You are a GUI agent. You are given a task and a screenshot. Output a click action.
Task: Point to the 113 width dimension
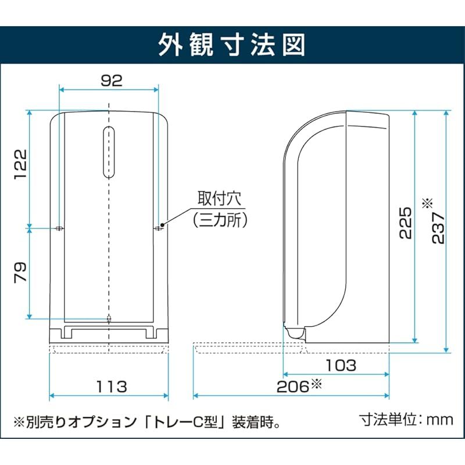(x=111, y=386)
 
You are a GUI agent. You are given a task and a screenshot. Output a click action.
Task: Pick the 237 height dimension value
(x=439, y=227)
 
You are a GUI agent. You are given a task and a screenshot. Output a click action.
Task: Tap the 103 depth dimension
(x=341, y=366)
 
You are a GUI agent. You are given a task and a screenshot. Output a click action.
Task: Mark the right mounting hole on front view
(x=158, y=228)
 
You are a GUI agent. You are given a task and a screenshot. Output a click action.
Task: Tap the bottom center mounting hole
(x=109, y=318)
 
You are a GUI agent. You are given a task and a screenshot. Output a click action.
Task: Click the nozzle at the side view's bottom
(x=295, y=333)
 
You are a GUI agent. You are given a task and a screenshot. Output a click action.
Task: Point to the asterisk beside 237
(x=428, y=203)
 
